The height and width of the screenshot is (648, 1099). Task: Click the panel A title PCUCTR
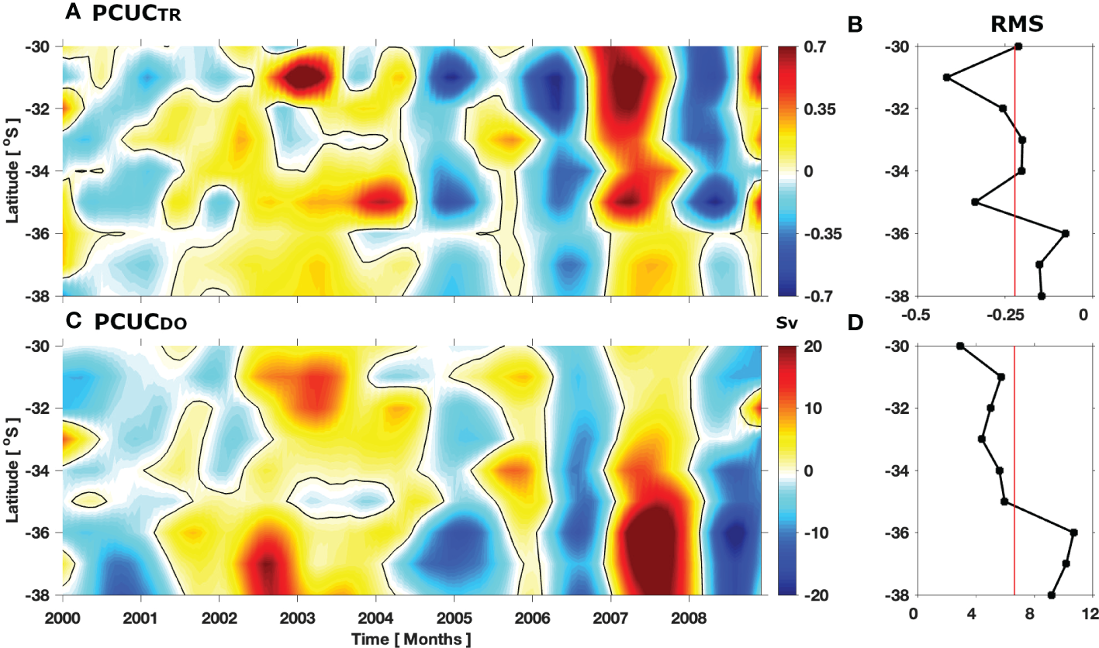pyautogui.click(x=136, y=16)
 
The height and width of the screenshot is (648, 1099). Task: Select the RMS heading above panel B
pyautogui.click(x=1016, y=26)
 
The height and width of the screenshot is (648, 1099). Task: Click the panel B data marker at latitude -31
pyautogui.click(x=946, y=78)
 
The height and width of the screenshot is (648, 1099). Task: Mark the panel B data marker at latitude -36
pyautogui.click(x=1066, y=233)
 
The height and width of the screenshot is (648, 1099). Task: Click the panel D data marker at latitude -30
pyautogui.click(x=960, y=346)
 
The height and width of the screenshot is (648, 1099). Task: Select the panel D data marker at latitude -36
pyautogui.click(x=1074, y=533)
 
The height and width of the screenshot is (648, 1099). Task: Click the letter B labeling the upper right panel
pyautogui.click(x=856, y=26)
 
